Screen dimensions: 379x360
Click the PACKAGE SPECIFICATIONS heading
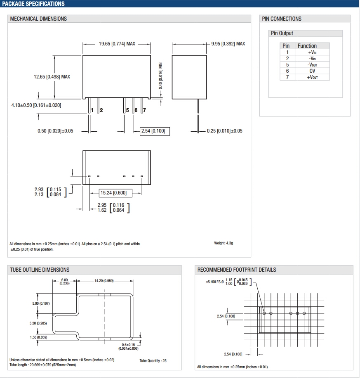[x=33, y=4]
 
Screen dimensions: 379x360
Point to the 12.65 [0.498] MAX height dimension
[x=52, y=76]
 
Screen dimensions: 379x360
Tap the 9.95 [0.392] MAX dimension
[x=228, y=44]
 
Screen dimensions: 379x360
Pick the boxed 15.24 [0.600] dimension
[x=113, y=193]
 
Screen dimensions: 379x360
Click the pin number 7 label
[x=144, y=110]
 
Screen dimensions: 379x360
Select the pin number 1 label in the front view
[x=92, y=110]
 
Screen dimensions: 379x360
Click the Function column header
[x=307, y=46]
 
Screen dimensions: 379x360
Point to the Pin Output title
[x=282, y=33]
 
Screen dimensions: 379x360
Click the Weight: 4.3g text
[x=224, y=243]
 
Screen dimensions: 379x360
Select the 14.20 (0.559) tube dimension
[x=104, y=281]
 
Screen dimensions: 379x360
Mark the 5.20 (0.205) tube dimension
[x=38, y=323]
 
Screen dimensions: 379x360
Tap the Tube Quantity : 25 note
[x=153, y=360]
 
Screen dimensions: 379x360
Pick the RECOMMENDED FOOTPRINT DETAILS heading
[x=237, y=270]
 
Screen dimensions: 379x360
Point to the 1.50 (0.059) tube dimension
[x=39, y=338]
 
